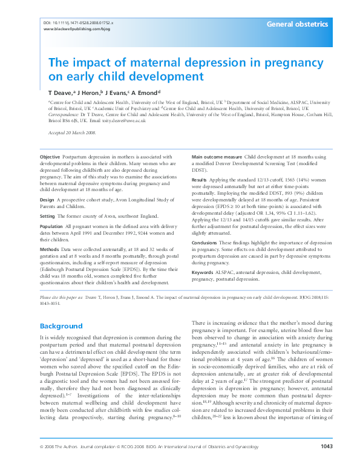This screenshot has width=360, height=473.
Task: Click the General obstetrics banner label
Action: coord(298,24)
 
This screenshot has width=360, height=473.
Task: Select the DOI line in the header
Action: coord(79,22)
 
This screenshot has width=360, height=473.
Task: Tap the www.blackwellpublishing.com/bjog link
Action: coord(77,28)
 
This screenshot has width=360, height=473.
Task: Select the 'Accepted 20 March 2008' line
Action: coord(73,132)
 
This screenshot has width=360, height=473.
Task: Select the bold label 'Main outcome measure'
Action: coord(217,157)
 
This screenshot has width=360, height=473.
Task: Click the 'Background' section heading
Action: coord(61,326)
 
